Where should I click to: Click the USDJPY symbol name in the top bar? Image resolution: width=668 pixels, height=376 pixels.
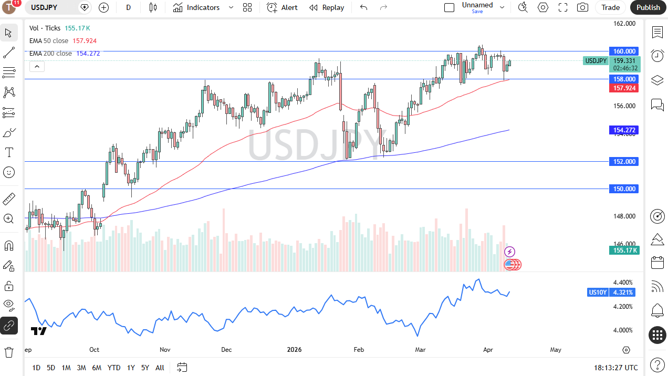[44, 7]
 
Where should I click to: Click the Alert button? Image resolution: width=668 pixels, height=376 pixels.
[283, 7]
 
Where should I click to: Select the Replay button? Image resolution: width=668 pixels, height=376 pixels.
[327, 7]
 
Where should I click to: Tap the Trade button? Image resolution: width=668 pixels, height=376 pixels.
[610, 7]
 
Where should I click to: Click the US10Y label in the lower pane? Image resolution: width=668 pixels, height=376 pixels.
[598, 293]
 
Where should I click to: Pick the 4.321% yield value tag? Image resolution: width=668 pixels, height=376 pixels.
[623, 293]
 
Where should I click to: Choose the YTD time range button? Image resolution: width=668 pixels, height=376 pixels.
[113, 368]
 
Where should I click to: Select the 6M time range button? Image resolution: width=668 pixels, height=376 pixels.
[97, 368]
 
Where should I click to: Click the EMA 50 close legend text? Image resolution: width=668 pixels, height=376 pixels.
[49, 40]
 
